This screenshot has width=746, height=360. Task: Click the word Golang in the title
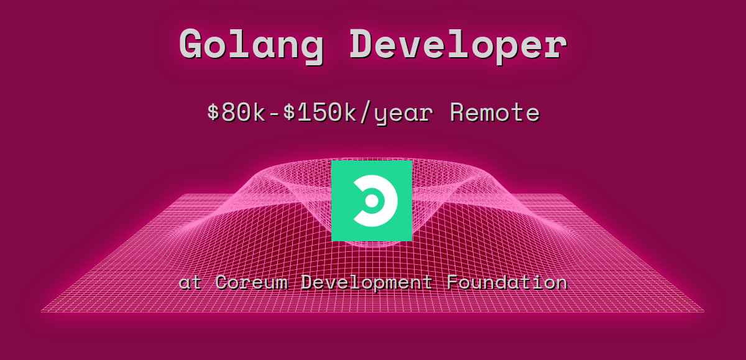251,45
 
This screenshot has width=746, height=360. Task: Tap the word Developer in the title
458,45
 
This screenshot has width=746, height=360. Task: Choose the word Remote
494,113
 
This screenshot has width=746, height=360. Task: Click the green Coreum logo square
372,200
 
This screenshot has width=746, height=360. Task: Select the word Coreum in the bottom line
252,282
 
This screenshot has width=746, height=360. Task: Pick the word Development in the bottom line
367,283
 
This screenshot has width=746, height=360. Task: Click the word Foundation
506,282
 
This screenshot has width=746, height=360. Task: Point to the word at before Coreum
190,282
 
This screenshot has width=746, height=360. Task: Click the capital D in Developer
363,45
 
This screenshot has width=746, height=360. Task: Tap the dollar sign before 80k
213,113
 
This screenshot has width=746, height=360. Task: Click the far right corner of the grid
703,311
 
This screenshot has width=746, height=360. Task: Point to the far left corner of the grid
42,311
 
